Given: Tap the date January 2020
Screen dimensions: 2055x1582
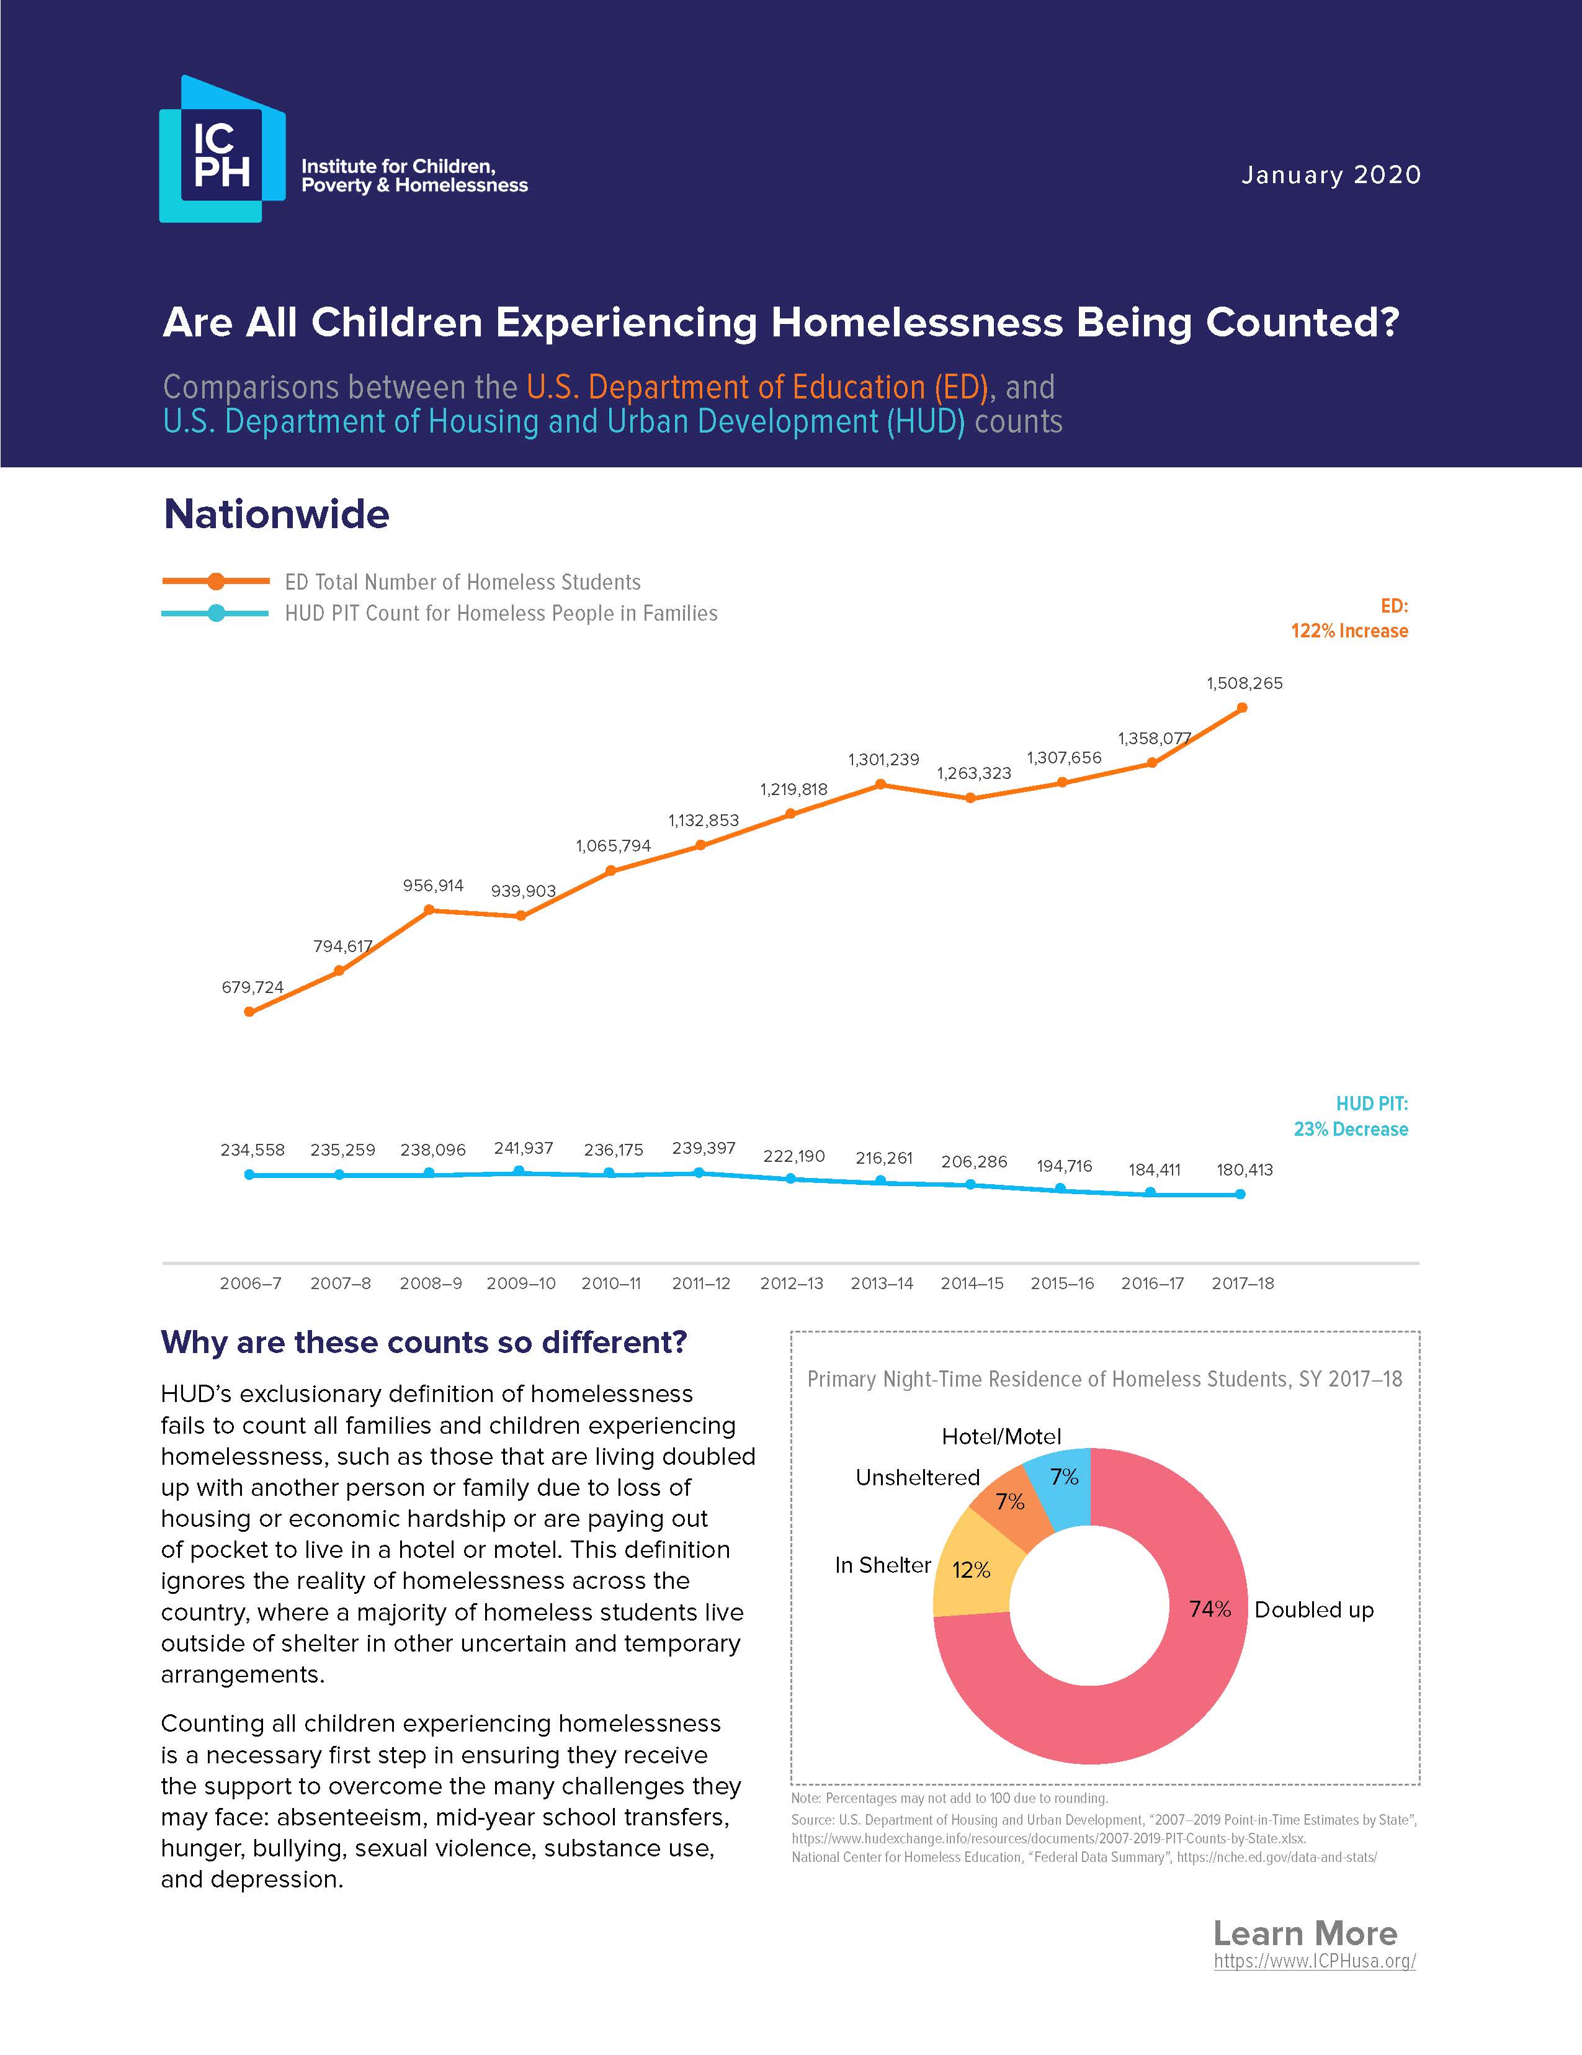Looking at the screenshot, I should [x=1330, y=176].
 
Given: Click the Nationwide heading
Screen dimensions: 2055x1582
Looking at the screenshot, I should [x=277, y=515].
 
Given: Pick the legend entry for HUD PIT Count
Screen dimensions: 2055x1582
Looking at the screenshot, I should [x=501, y=613].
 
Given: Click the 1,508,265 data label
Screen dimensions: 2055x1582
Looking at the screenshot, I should [x=1245, y=684].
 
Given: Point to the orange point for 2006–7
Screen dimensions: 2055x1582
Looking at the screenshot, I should [x=249, y=1012].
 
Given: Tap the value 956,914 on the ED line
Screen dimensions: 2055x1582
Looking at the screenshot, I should [x=432, y=886].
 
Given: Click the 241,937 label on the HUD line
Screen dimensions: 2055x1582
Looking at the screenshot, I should [x=523, y=1149].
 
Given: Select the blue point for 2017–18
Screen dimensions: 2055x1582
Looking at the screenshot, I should [x=1241, y=1195].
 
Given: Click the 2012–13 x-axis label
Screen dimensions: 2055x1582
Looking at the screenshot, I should [x=791, y=1284].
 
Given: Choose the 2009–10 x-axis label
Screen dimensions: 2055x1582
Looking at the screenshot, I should [x=521, y=1284].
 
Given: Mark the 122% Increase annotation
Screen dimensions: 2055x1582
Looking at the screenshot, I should [x=1349, y=631].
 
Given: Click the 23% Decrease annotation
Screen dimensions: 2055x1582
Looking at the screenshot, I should [x=1351, y=1129].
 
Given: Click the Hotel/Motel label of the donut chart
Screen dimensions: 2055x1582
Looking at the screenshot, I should [x=1001, y=1437].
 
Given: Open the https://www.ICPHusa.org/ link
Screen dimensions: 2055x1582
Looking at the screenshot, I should [x=1314, y=1962].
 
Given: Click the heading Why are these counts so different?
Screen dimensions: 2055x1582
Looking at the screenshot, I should [x=424, y=1342].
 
